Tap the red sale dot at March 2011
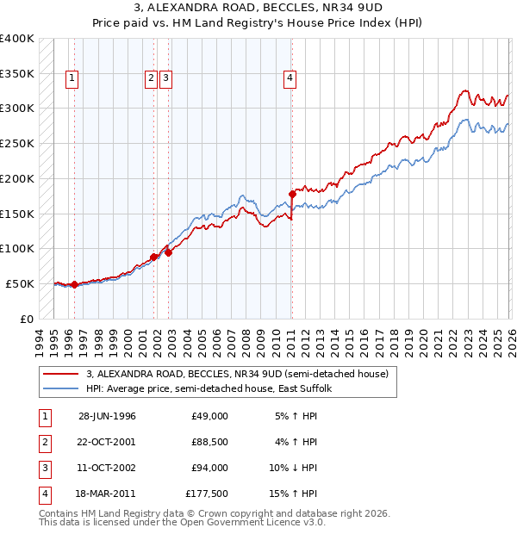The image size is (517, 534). (x=292, y=194)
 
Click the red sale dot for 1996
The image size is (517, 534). (x=74, y=284)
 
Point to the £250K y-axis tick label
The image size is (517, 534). (x=17, y=143)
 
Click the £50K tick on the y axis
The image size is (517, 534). (x=20, y=283)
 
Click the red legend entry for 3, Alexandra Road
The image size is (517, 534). (x=238, y=375)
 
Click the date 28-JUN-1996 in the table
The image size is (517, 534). (x=107, y=416)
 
